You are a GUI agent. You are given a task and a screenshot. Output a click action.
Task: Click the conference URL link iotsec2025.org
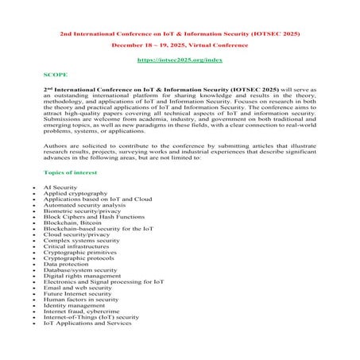coord(179,60)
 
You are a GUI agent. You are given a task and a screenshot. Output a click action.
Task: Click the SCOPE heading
coord(55,74)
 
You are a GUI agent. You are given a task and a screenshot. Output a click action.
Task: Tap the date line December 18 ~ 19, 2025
coord(179,45)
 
